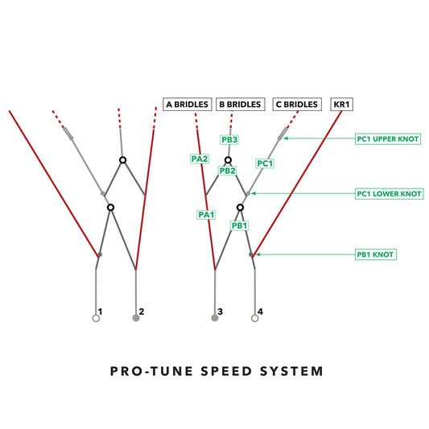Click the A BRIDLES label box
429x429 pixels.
pyautogui.click(x=188, y=104)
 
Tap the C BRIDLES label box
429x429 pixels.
pyautogui.click(x=295, y=104)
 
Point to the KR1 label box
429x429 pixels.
pyautogui.click(x=342, y=104)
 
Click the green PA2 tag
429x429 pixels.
pyautogui.click(x=200, y=159)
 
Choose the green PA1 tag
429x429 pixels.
pyautogui.click(x=206, y=215)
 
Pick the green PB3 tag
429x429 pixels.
pyautogui.click(x=229, y=140)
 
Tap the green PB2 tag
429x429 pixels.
pyautogui.click(x=227, y=171)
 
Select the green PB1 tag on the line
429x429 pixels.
pyautogui.click(x=240, y=226)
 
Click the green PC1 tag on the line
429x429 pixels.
pyautogui.click(x=265, y=163)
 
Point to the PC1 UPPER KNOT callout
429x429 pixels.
pyautogui.click(x=388, y=138)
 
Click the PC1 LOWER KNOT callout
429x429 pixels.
pyautogui.click(x=389, y=194)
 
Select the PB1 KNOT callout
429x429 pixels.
pyautogui.click(x=377, y=254)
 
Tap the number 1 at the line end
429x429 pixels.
pyautogui.click(x=100, y=311)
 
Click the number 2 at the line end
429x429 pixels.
pyautogui.click(x=141, y=311)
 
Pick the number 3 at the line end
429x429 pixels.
pyautogui.click(x=220, y=311)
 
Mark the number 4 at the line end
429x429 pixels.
pyautogui.click(x=259, y=311)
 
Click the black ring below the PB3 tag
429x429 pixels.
pyautogui.click(x=229, y=160)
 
